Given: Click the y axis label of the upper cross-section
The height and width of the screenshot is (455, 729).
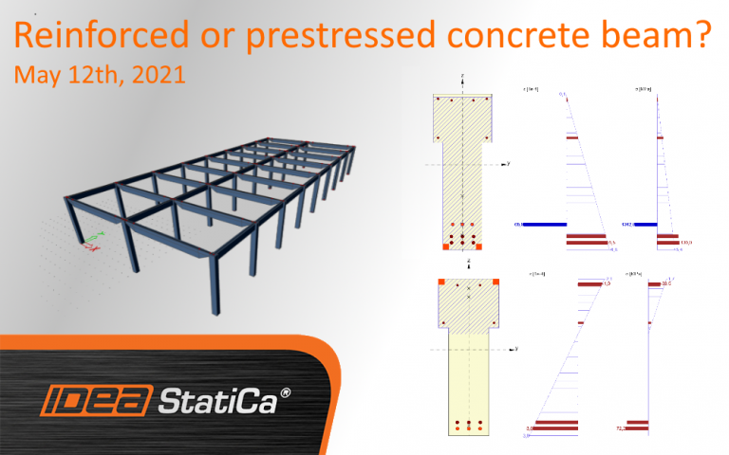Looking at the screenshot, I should point(509,163).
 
